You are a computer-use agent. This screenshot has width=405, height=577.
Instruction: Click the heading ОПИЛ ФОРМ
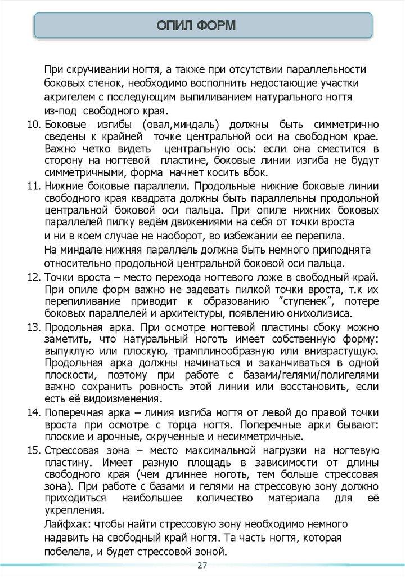click(x=204, y=26)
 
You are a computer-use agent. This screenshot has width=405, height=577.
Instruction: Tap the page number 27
click(x=202, y=566)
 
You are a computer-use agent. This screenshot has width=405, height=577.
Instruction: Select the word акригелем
click(x=71, y=96)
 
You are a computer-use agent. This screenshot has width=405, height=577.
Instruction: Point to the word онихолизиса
click(x=318, y=313)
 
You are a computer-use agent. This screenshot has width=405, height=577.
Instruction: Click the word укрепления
click(x=73, y=511)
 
